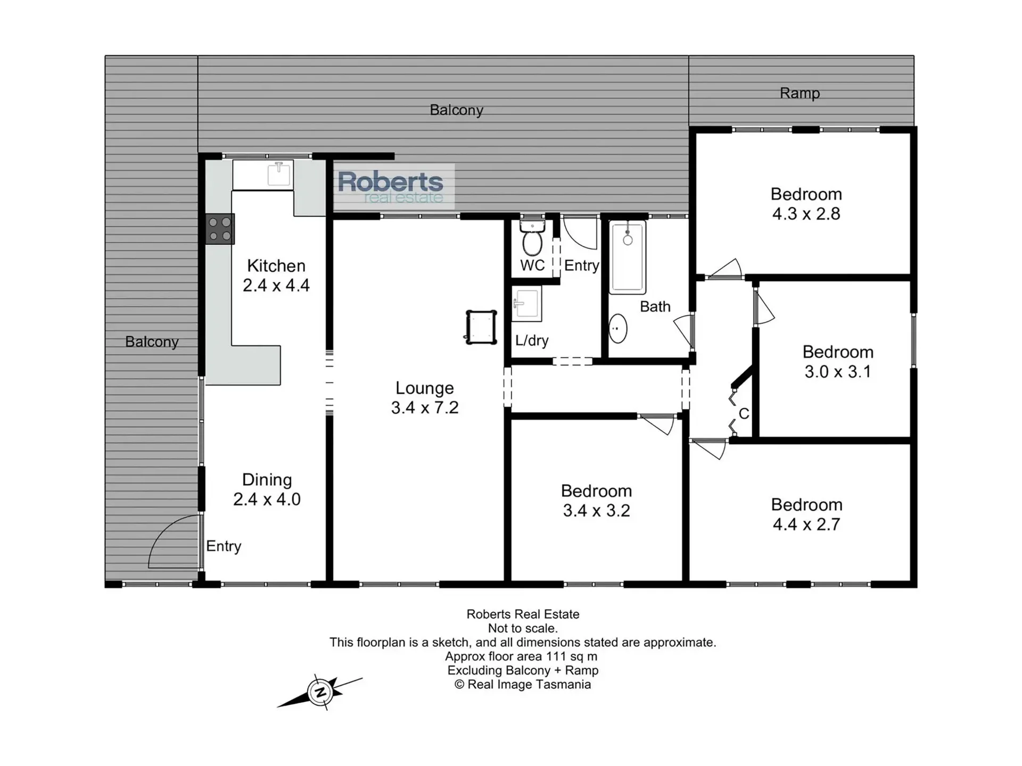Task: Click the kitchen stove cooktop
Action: (x=220, y=229)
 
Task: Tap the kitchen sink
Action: (x=278, y=174)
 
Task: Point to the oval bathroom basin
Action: (x=617, y=329)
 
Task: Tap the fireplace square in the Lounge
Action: (x=481, y=327)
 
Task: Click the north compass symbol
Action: (x=320, y=692)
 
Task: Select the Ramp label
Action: (x=800, y=93)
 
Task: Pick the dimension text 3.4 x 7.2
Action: (x=425, y=407)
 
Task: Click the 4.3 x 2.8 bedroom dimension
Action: (x=806, y=214)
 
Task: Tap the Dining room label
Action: (x=267, y=480)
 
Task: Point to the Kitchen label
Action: (x=276, y=265)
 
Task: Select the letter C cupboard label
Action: (x=744, y=413)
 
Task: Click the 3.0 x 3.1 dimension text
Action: (x=838, y=371)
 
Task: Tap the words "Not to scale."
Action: (x=523, y=628)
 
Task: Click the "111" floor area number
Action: (x=556, y=656)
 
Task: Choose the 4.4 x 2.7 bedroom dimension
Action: (x=806, y=524)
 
